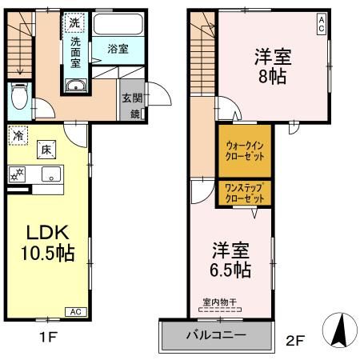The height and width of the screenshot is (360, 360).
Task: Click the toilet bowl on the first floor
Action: pos(19,96)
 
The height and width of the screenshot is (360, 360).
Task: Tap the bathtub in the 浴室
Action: pos(118,24)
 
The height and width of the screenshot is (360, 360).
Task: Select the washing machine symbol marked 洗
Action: pos(74,22)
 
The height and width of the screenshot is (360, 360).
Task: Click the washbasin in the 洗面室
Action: pos(76,86)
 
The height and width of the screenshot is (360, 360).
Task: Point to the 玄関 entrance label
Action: pos(132,98)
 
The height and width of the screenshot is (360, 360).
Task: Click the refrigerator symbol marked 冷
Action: pos(18,135)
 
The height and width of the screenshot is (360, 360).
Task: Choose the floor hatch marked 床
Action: pos(46,150)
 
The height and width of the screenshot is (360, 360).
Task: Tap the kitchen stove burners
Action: pos(17,174)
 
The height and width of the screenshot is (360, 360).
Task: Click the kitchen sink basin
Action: pos(51,174)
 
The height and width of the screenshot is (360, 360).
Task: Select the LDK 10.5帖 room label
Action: pos(47,242)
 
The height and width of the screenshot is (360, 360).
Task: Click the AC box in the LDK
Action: pos(76,312)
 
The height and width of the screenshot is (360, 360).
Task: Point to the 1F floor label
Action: pos(48,337)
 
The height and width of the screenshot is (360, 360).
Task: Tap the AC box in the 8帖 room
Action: pos(322,24)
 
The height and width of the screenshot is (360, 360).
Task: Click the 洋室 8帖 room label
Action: pos(273,66)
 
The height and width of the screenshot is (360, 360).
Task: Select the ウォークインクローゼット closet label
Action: pos(245,150)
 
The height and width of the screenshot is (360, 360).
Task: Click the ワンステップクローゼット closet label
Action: pos(245,193)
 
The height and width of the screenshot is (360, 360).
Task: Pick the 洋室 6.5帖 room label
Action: pos(230,259)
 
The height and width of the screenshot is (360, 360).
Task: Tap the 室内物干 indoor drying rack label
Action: pos(219,302)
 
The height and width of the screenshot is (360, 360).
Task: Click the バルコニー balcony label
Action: pos(216,335)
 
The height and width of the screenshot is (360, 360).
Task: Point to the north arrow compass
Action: pos(340,330)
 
